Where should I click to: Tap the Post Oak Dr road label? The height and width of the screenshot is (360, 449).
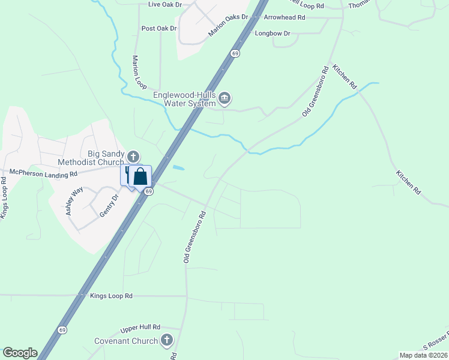159,28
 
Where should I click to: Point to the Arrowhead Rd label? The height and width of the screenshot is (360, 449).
284,18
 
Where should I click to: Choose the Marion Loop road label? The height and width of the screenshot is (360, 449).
139,73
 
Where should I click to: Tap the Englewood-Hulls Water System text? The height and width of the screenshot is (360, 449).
184,99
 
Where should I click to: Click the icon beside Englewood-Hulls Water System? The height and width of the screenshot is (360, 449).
224,98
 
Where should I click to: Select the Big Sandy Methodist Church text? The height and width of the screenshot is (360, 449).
91,158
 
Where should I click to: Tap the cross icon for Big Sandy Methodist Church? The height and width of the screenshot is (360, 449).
133,157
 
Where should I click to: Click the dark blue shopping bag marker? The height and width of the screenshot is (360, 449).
140,177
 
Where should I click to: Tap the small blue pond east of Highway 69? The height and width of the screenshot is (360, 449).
178,168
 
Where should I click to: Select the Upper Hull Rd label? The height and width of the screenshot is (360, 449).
140,327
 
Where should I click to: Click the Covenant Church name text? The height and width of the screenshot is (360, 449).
126,341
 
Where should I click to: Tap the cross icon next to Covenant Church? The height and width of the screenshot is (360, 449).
167,340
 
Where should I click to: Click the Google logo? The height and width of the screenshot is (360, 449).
20,353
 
